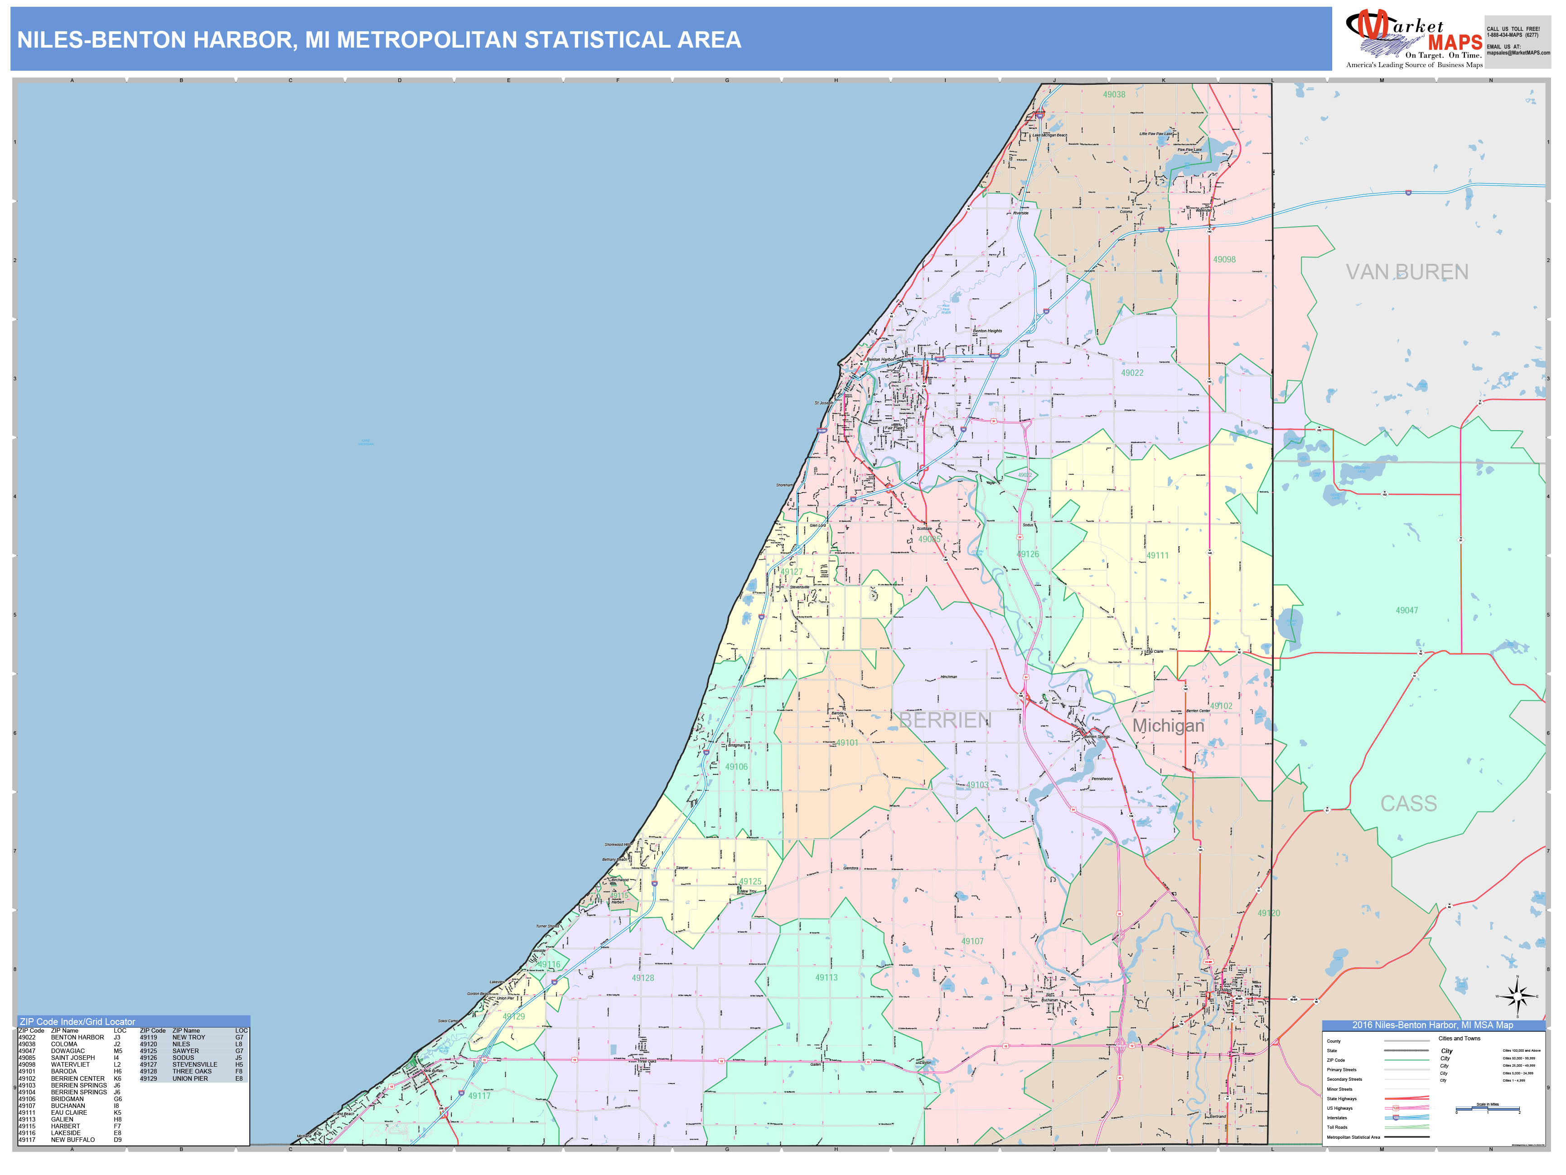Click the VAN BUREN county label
(1406, 272)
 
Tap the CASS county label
(1408, 803)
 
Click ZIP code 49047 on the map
(1406, 611)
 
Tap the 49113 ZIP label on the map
(826, 977)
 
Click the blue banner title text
(379, 39)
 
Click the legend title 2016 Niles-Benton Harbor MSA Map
(1432, 1025)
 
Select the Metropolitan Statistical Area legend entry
(1353, 1137)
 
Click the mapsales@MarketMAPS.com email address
(1518, 53)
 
